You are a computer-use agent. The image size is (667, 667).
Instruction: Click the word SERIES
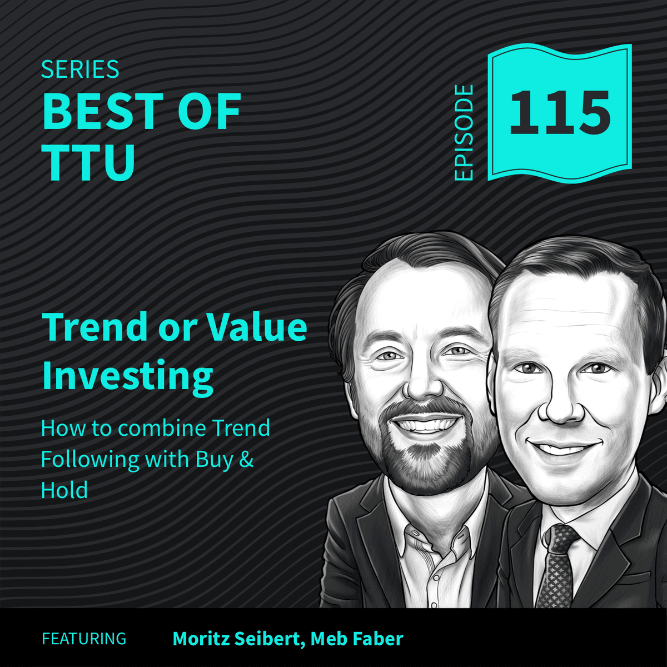[80, 70]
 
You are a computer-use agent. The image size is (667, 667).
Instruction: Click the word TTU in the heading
[89, 162]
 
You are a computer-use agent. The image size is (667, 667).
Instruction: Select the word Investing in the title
[127, 376]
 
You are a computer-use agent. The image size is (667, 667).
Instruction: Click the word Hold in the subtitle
[64, 490]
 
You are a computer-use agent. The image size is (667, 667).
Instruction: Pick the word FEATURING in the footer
[84, 639]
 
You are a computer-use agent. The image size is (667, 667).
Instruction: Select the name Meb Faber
[356, 639]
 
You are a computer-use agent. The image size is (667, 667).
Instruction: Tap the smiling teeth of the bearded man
[425, 425]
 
